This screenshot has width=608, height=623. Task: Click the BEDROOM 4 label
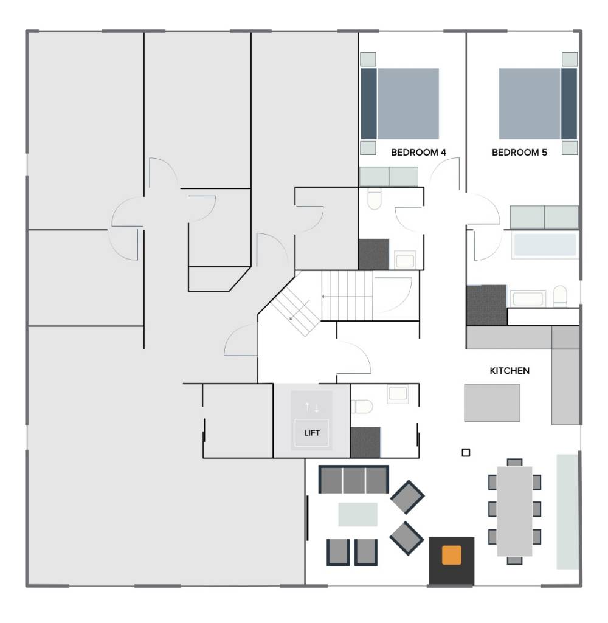tap(418, 152)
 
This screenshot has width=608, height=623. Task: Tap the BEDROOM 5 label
tap(519, 152)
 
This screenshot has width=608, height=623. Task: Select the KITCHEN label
tap(510, 371)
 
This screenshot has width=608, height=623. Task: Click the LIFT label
tap(311, 433)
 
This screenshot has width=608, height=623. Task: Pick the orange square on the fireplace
tap(451, 555)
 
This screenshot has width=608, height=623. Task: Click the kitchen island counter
tap(492, 402)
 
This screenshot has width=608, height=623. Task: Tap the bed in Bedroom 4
tap(400, 104)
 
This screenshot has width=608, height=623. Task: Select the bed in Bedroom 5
tap(537, 104)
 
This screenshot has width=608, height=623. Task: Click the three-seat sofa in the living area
tap(354, 480)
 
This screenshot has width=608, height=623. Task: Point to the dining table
tap(514, 511)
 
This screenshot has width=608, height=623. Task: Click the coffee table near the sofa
tap(358, 514)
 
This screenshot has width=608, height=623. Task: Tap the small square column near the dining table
tap(466, 453)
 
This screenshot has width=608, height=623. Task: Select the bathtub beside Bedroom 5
tap(545, 245)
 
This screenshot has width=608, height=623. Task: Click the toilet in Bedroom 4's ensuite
tap(375, 198)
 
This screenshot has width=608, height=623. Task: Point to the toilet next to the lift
tap(362, 407)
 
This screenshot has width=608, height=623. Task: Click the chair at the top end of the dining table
tap(514, 463)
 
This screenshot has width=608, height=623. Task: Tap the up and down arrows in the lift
tap(311, 407)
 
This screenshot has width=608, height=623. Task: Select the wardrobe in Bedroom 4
tap(389, 176)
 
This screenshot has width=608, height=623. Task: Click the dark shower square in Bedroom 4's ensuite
tap(373, 254)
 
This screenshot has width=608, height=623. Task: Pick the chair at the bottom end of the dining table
tap(514, 560)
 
